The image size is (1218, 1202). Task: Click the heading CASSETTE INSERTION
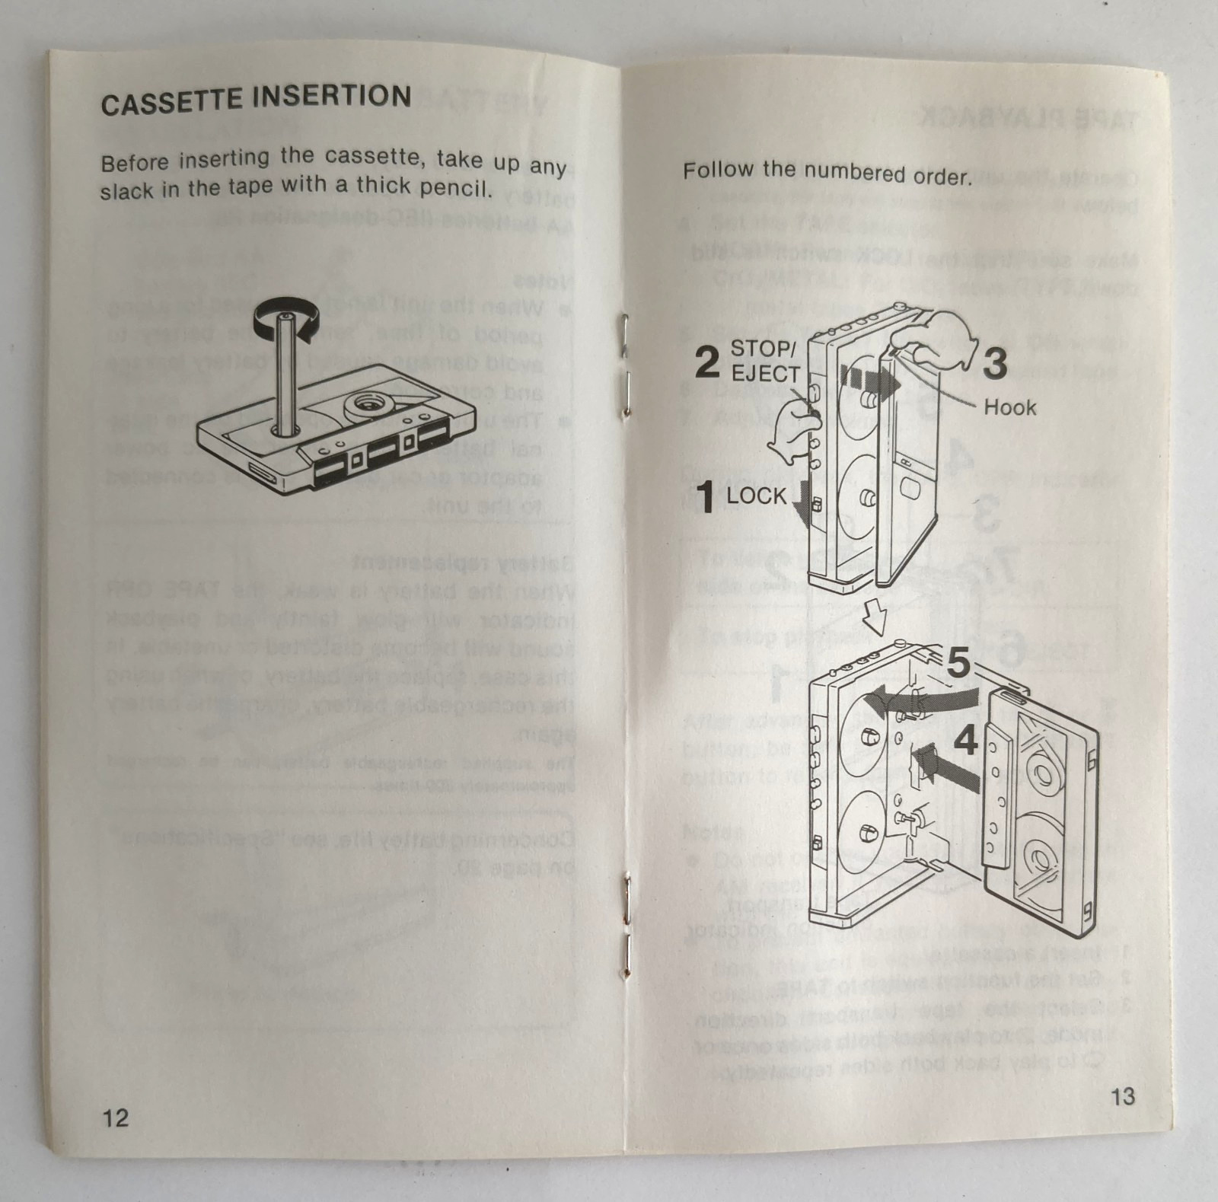coord(256,100)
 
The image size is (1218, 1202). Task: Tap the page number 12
coord(116,1118)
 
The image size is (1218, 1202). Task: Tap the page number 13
coord(1122,1096)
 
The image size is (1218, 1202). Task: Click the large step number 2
coord(706,362)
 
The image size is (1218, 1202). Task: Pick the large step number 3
coord(995,363)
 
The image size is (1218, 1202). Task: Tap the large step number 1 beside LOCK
coord(706,497)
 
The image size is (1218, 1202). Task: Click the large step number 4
coord(965,739)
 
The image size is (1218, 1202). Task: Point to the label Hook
coord(1009,407)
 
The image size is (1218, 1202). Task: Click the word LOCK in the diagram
coord(757,496)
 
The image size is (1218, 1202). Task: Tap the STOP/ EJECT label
coord(764,362)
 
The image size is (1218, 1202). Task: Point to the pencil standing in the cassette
coord(285,373)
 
